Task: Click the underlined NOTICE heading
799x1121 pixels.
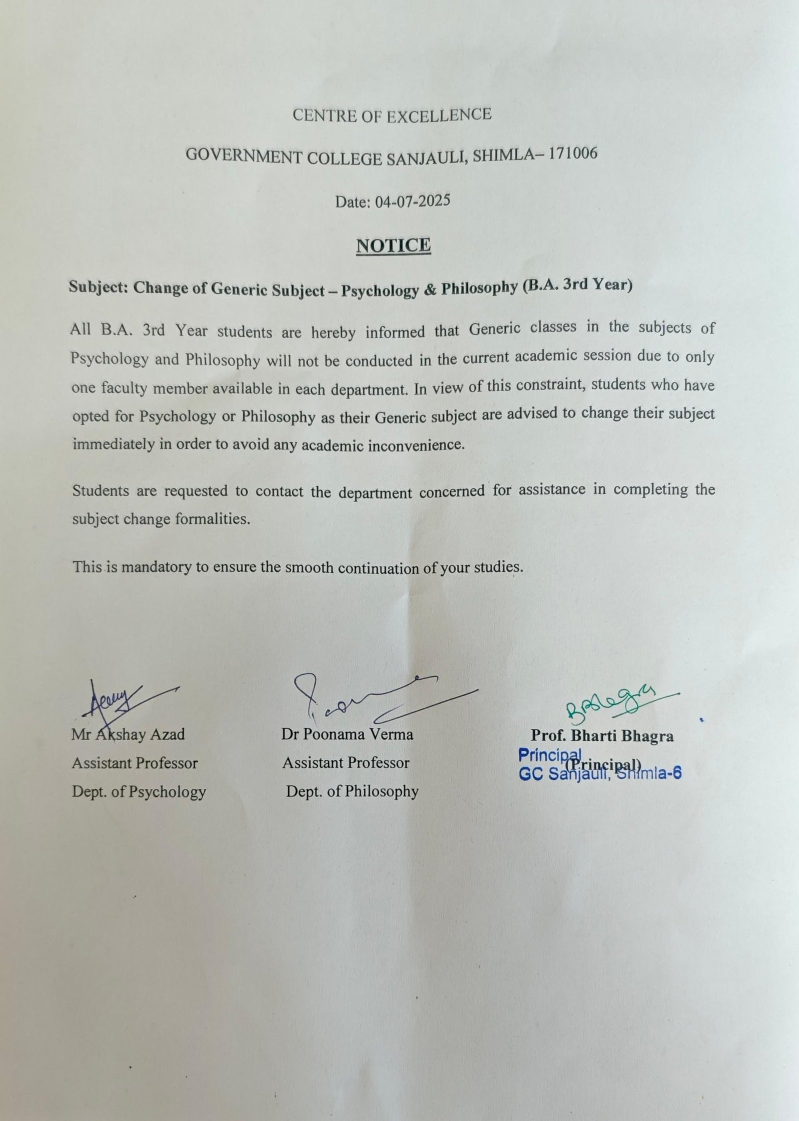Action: pos(393,245)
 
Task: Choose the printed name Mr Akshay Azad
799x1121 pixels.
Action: pos(128,734)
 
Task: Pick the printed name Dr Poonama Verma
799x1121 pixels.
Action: pos(347,734)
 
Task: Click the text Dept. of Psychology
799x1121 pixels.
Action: pos(139,792)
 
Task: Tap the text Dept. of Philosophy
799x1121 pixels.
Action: pos(352,791)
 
